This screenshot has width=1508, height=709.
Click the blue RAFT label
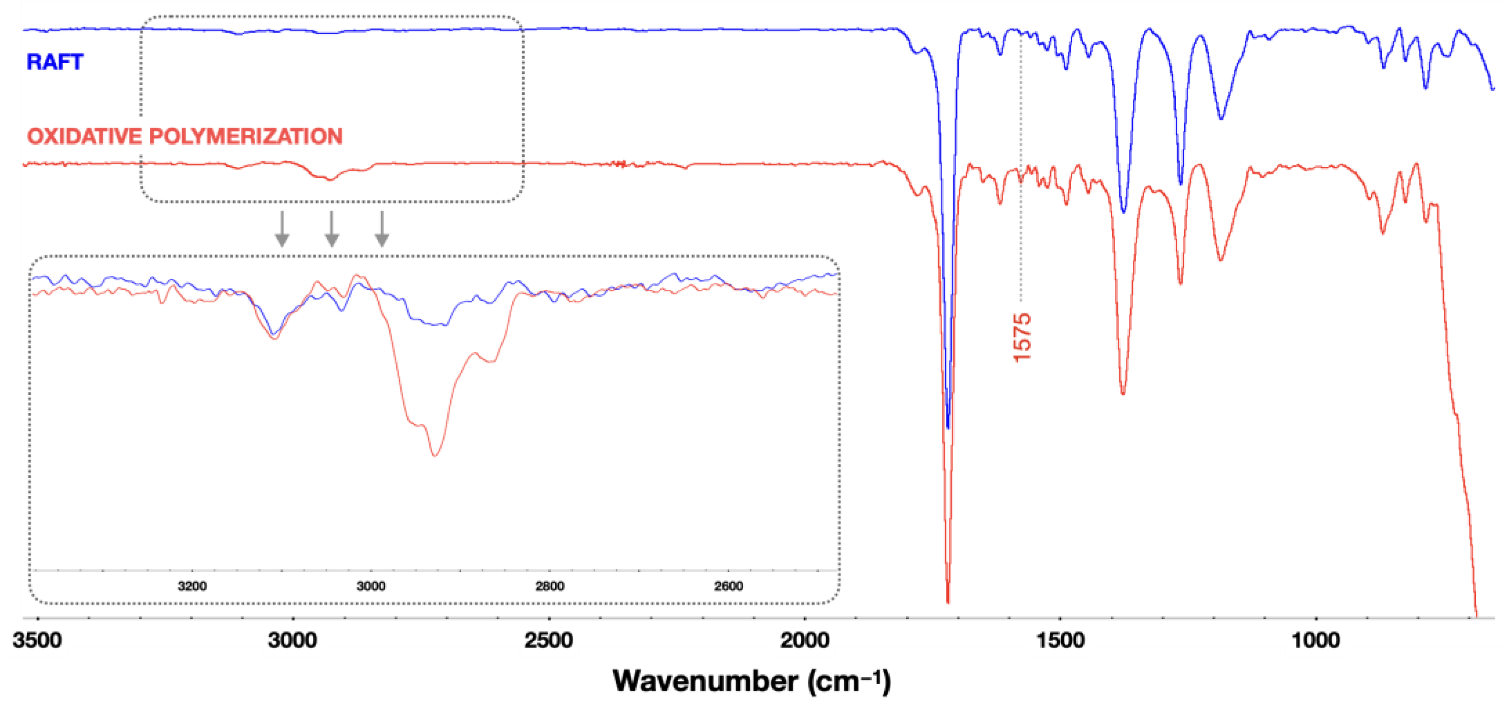54,62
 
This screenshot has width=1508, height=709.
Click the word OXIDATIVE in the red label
84,136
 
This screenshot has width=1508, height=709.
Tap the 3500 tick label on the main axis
37,640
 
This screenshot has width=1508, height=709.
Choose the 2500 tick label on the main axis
549,640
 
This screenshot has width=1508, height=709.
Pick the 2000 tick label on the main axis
804,640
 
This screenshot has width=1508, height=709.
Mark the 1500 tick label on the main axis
1060,640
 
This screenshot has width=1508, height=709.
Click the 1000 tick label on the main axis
1316,640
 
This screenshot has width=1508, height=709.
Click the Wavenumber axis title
751,681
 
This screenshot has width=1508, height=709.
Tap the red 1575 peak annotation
1022,338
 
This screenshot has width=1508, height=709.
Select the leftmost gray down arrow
282,229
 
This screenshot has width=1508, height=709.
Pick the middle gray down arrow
332,229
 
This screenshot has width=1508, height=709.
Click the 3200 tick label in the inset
192,586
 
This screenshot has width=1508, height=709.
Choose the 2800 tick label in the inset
550,586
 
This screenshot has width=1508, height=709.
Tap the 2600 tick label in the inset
728,586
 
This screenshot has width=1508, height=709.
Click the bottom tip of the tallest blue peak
948,428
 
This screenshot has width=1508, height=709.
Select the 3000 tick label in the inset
371,586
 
